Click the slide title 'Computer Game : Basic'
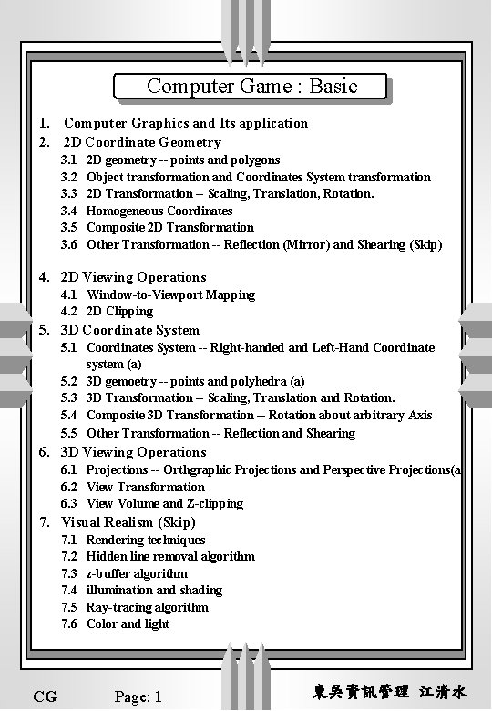[251, 87]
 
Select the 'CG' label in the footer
[45, 696]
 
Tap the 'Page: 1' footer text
[138, 696]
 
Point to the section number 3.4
[68, 211]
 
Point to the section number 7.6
[68, 623]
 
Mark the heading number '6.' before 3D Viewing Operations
[44, 452]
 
